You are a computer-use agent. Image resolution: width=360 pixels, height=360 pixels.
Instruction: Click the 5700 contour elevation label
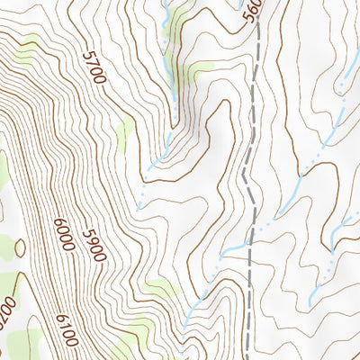[x=94, y=67]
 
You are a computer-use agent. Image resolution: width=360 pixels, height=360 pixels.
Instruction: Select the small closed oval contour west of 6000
[x=19, y=245]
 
